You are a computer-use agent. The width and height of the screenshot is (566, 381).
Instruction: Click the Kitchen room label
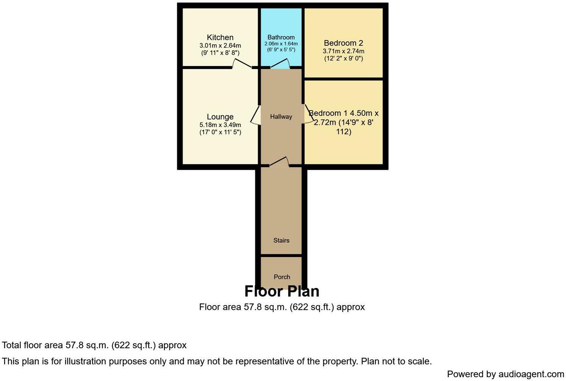click(220, 37)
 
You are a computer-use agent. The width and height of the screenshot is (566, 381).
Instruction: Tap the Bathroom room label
click(281, 37)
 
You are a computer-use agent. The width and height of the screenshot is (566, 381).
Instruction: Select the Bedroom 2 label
click(343, 43)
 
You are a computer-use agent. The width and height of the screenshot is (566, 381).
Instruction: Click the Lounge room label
click(220, 117)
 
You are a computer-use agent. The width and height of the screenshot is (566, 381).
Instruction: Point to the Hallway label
click(281, 117)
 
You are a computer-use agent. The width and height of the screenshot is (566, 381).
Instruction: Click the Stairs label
click(281, 240)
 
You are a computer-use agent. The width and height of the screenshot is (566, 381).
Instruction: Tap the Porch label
click(282, 277)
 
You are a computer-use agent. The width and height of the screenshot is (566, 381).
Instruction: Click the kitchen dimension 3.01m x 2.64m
click(220, 46)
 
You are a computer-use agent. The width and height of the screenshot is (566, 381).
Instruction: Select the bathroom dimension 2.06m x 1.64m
click(281, 44)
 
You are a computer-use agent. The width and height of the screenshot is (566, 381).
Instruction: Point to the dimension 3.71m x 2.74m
click(343, 51)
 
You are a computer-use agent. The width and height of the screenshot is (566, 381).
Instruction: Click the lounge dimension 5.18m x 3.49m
click(220, 125)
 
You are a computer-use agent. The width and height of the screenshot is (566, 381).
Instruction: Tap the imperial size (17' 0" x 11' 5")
click(220, 132)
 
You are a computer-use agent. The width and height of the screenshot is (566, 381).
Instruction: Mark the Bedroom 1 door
click(307, 114)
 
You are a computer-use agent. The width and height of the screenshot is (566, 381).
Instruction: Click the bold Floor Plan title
click(282, 291)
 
